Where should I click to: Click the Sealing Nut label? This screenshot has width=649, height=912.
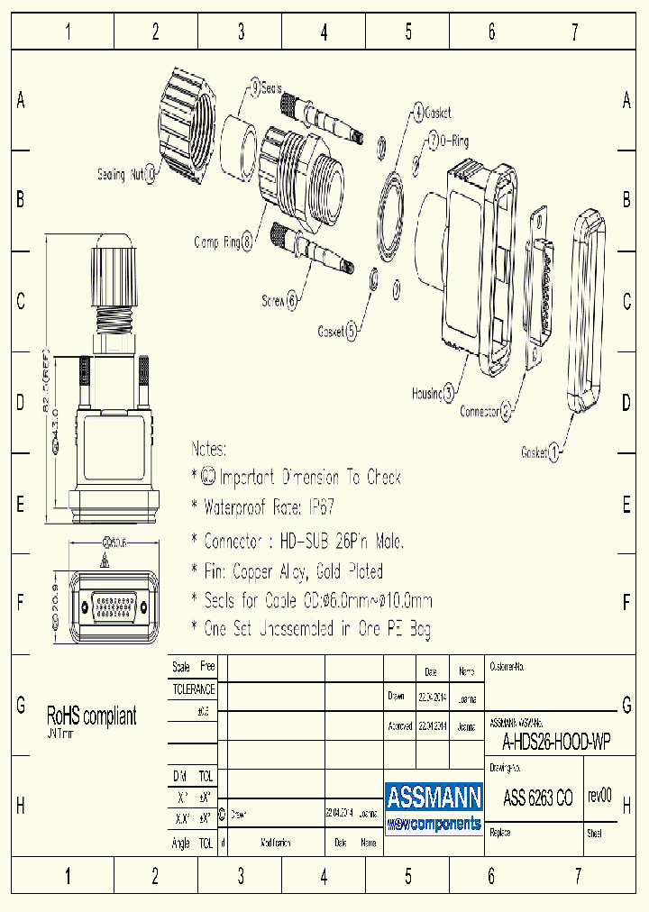121,175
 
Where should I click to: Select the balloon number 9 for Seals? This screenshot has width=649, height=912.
255,87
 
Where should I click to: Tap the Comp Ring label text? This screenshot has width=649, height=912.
217,242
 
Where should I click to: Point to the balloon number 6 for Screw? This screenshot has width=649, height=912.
291,302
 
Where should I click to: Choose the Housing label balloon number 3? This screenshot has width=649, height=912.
449,392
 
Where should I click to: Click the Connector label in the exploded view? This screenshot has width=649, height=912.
479,411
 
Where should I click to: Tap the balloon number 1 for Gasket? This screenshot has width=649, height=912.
554,452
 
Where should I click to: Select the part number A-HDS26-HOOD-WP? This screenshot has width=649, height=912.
555,742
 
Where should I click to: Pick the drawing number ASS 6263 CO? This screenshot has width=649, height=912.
537,798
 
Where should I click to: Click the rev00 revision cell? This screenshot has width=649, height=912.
599,797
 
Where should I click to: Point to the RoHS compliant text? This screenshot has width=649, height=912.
92,716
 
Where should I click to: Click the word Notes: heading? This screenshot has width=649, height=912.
209,449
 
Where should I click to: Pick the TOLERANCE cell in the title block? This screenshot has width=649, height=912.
194,689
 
